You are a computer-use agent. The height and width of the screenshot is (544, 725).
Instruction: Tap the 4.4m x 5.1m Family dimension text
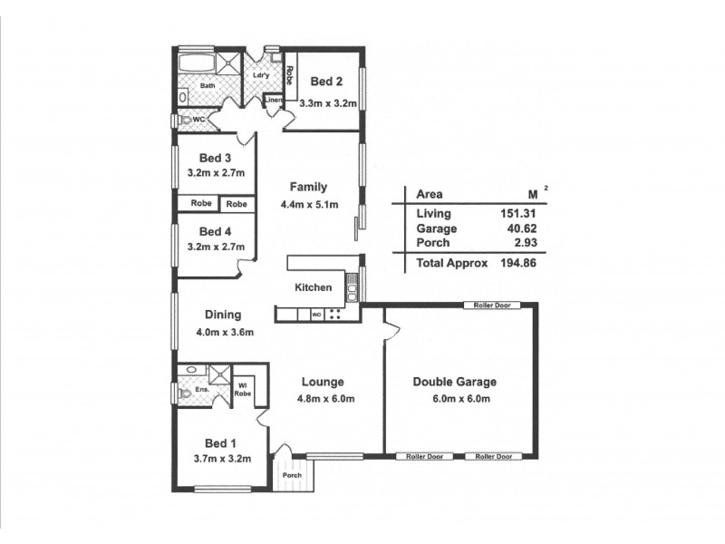click(x=309, y=204)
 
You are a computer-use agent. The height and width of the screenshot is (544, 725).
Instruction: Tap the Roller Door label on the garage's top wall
click(x=492, y=306)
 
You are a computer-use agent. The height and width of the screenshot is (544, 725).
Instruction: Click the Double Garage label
click(x=454, y=382)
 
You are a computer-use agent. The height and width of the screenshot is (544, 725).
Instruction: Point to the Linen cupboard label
click(x=274, y=100)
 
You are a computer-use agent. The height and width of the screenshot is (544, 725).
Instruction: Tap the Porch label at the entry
click(x=292, y=475)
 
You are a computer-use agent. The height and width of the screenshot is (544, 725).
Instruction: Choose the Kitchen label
click(x=313, y=287)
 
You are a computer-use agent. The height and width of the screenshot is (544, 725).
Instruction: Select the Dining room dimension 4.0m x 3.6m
click(x=224, y=332)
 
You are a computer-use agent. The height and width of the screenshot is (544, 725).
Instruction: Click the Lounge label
click(x=322, y=382)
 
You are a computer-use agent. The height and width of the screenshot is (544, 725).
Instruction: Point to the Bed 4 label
click(x=217, y=230)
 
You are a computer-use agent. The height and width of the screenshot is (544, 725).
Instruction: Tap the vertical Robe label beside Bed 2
click(x=289, y=74)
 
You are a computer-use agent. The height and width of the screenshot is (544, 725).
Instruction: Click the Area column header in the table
click(x=429, y=194)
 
